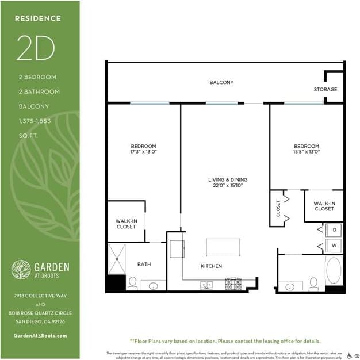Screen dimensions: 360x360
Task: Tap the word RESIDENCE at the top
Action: tap(37, 18)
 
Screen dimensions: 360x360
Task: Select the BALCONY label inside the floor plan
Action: tap(221, 83)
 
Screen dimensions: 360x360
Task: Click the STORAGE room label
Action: tap(325, 90)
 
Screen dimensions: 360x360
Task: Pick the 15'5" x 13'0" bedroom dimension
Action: tap(306, 152)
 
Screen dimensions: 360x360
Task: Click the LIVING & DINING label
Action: tap(225, 183)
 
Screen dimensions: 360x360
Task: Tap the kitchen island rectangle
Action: tap(223, 247)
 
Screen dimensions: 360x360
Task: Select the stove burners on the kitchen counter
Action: tap(233, 284)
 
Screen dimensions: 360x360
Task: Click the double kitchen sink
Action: tap(206, 285)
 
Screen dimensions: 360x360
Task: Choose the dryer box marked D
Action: tap(334, 230)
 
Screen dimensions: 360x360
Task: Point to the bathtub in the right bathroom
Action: tap(334, 270)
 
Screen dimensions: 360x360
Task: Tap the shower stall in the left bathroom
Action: tap(116, 259)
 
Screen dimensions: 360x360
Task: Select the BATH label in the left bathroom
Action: tap(144, 265)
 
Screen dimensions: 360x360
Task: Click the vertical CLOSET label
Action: tap(278, 208)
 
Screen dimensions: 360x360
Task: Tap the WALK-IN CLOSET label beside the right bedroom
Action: tap(324, 206)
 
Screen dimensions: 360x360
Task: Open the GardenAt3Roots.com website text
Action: tap(40, 335)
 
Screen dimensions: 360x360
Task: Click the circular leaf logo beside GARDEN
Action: tap(21, 269)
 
